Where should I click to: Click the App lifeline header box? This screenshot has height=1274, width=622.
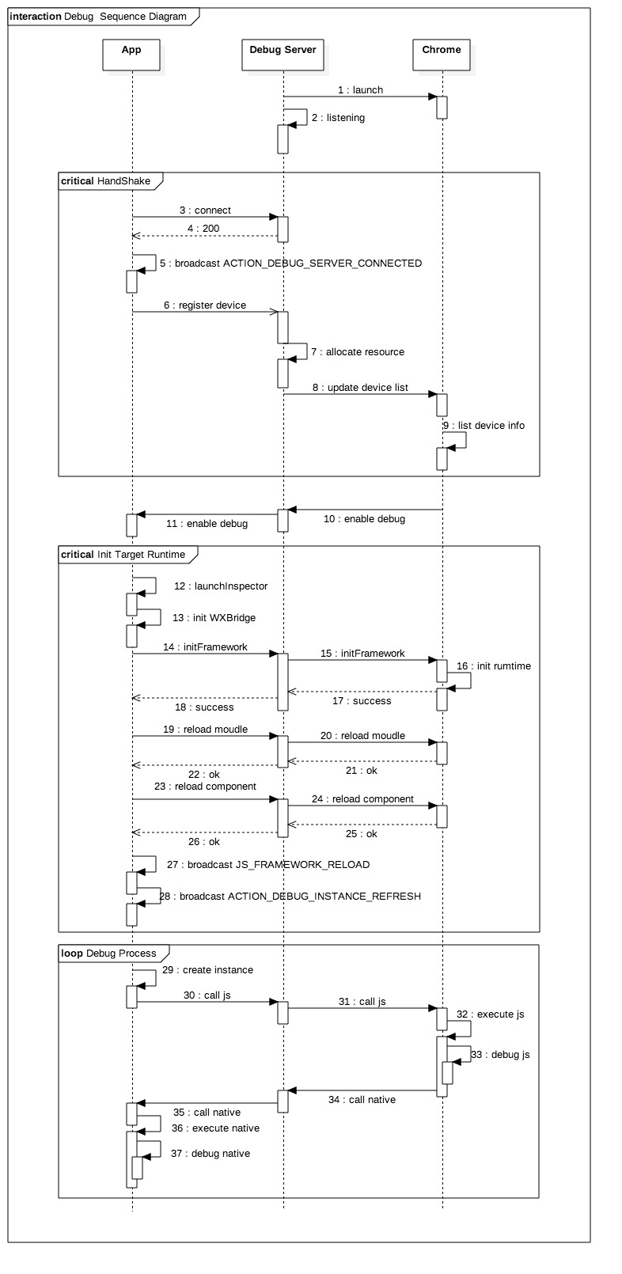tap(131, 53)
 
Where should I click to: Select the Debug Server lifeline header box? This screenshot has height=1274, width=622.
tap(283, 53)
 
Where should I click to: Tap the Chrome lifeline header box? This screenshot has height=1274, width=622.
tap(441, 53)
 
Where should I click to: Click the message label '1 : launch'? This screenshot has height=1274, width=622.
tap(360, 90)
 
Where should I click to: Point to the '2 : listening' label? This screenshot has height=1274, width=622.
tap(338, 118)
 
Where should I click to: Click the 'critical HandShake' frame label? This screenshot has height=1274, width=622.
tap(106, 181)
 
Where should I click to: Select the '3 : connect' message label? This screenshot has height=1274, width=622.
tap(205, 210)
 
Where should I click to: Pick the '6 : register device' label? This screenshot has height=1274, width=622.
tap(205, 305)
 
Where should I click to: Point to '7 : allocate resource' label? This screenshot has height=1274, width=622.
tap(358, 352)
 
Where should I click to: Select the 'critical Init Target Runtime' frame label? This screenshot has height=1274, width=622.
tap(123, 555)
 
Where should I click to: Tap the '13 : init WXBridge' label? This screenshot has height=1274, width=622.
tap(214, 618)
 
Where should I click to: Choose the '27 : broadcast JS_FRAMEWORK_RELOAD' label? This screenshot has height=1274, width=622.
tap(268, 865)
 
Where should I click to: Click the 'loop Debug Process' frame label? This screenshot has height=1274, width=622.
tap(109, 954)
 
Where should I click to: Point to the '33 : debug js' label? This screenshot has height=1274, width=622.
tap(500, 1055)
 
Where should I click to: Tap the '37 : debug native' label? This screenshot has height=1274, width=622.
tap(210, 1154)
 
